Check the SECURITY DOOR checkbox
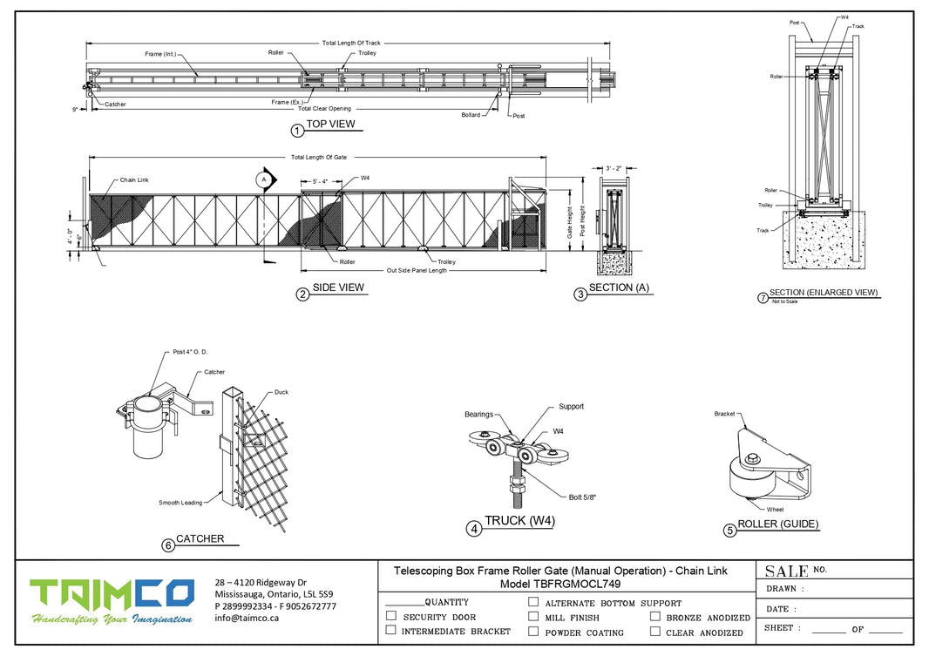[x=391, y=616]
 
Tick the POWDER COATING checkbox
[x=532, y=632]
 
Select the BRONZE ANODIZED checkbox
[x=654, y=617]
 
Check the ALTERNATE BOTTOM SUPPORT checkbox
[x=532, y=602]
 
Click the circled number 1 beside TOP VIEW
[x=296, y=130]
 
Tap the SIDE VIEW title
[x=338, y=287]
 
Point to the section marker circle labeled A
[x=262, y=179]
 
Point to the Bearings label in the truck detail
[x=479, y=415]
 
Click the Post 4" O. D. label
[x=189, y=352]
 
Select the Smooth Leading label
[x=180, y=503]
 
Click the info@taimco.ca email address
[x=247, y=618]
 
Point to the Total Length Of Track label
[x=351, y=43]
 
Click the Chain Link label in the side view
[x=134, y=179]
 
